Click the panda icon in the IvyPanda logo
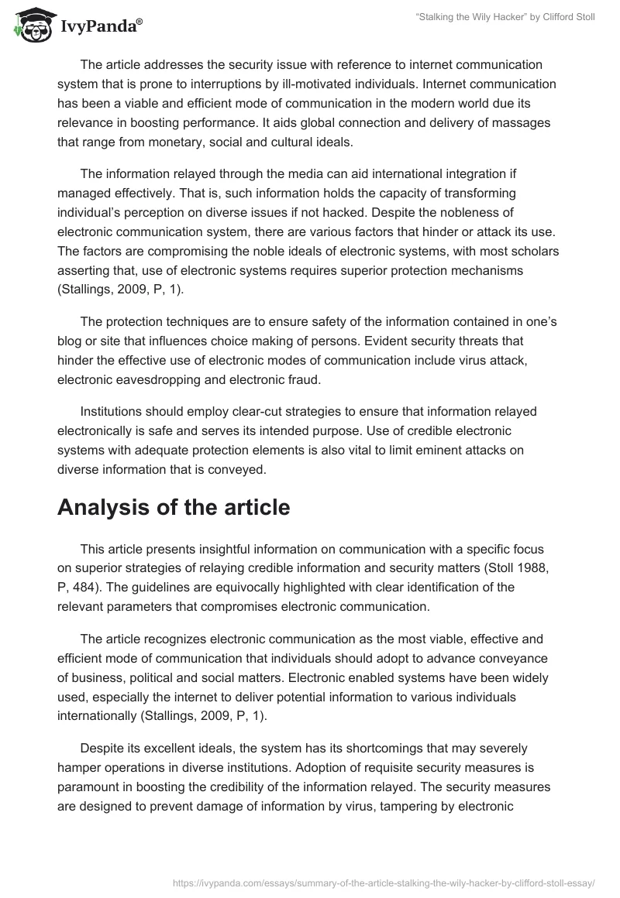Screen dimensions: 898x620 coord(29,26)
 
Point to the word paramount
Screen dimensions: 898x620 coord(93,788)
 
